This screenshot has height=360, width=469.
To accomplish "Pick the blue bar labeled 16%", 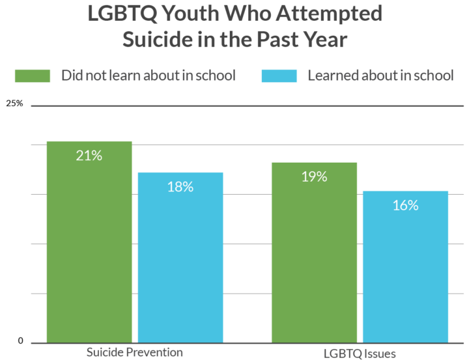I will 405,267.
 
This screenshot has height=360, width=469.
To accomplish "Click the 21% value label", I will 89,156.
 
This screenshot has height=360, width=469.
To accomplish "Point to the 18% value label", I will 180,187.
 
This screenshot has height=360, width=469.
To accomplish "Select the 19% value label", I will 314,176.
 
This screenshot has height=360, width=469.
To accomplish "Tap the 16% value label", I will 405,206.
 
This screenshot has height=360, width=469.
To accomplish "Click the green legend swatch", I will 32,76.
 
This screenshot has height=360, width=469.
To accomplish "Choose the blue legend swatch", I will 279,76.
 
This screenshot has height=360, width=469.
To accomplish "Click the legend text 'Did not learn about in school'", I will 148,76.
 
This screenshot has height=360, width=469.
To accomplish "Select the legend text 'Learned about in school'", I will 380,76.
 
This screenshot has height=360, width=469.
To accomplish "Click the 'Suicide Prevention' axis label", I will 135,352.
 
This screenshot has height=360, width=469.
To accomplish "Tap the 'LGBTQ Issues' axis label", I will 359,353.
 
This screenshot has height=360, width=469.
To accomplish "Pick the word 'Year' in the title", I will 325,39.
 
